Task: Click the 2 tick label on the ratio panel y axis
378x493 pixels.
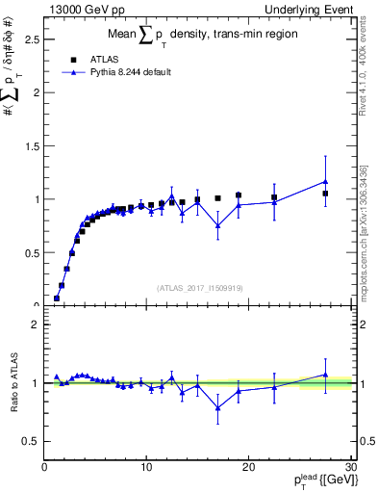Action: coord(36,324)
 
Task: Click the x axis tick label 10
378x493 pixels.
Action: coord(146,467)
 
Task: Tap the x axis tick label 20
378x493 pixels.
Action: coord(248,467)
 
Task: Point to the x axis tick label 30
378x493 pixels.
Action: coord(350,467)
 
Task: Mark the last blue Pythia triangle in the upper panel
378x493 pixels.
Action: coord(326,181)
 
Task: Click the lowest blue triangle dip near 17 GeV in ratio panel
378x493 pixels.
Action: coord(218,407)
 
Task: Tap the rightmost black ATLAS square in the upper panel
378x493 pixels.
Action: coord(326,194)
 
